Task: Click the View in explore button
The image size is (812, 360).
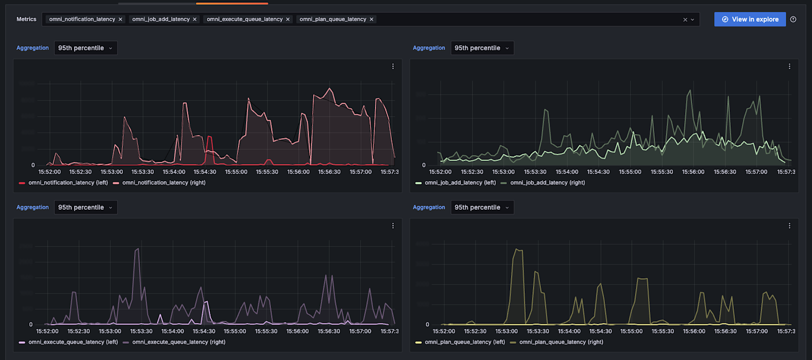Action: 750,19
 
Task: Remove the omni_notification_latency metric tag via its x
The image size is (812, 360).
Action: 120,19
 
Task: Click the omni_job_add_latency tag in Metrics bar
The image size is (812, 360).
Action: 160,19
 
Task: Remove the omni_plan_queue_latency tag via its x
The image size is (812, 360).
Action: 371,19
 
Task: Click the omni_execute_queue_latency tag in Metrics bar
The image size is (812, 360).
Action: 244,19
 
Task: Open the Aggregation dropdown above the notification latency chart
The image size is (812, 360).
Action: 85,48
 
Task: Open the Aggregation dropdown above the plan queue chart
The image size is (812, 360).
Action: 482,208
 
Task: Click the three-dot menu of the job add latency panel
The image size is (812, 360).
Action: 789,67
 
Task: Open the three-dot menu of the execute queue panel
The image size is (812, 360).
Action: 393,226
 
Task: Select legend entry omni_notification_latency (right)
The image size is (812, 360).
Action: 163,183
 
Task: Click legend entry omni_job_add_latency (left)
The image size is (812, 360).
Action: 460,183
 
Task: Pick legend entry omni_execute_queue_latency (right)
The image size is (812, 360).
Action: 179,342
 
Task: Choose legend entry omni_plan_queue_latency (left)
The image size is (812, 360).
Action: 464,342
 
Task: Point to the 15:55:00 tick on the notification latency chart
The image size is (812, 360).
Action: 236,172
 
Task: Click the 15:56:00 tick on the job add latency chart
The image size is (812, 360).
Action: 693,172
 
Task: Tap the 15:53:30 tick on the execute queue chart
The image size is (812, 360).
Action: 141,332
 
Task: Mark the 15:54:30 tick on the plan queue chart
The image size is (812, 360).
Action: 600,332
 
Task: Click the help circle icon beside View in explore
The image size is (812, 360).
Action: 793,19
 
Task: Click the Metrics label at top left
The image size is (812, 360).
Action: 26,19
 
